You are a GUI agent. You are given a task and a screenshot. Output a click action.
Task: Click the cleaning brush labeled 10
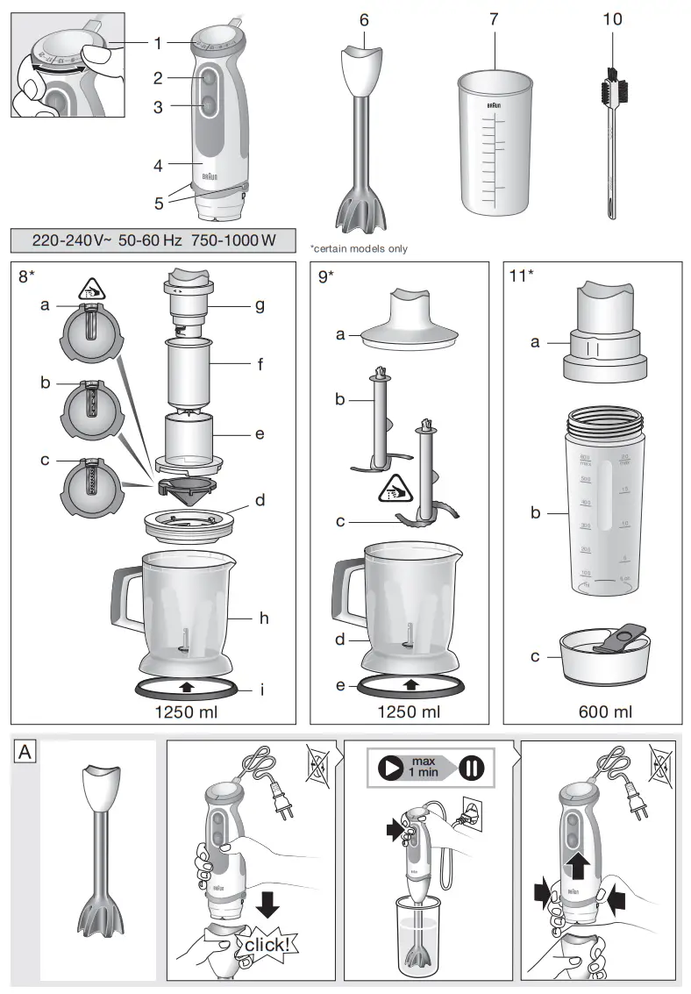click(x=611, y=140)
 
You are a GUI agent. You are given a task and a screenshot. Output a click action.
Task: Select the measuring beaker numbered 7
click(x=495, y=145)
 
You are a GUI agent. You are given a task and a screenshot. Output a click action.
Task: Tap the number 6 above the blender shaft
click(x=364, y=19)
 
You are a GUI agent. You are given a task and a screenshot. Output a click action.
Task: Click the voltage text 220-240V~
click(x=73, y=240)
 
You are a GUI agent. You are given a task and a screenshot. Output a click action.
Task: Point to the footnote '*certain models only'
click(x=359, y=249)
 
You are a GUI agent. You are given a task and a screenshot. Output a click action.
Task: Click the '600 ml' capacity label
click(x=604, y=712)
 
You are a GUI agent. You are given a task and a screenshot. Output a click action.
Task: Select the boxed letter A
click(x=25, y=751)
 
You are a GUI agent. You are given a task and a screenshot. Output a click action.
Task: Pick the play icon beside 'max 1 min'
click(x=389, y=767)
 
